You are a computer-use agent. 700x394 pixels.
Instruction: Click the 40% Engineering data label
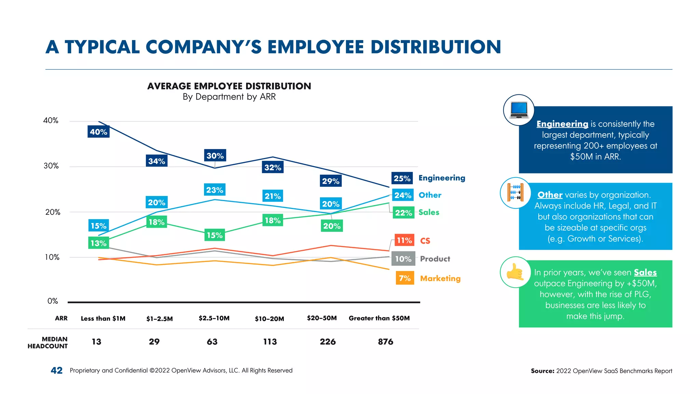point(98,132)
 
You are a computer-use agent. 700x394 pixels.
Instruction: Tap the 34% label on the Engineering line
point(157,161)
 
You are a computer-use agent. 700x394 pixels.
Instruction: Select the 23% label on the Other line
point(215,190)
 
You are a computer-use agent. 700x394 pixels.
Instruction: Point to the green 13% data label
point(98,243)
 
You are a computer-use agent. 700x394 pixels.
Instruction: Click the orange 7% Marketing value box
point(405,278)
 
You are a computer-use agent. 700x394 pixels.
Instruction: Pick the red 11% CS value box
point(404,240)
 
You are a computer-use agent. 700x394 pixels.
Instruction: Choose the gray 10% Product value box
point(403,259)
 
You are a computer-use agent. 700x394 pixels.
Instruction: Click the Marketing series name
point(440,278)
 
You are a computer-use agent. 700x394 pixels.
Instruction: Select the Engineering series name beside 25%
point(442,178)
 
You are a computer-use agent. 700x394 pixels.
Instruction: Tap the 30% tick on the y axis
point(51,166)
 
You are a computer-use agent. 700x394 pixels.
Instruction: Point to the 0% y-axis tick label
point(53,301)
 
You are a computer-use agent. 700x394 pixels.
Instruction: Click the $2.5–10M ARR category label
point(214,318)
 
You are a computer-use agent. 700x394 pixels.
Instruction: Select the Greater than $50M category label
point(379,318)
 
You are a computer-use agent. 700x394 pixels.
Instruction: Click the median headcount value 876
point(386,342)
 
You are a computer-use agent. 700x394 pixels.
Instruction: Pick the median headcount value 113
point(270,342)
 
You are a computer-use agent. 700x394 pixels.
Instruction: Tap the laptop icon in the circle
point(519,110)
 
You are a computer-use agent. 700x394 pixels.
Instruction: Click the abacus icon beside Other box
point(515,193)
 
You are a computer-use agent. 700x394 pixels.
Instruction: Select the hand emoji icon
point(515,272)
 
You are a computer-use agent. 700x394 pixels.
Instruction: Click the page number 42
point(56,370)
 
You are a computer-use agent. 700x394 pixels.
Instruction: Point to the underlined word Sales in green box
point(645,272)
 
